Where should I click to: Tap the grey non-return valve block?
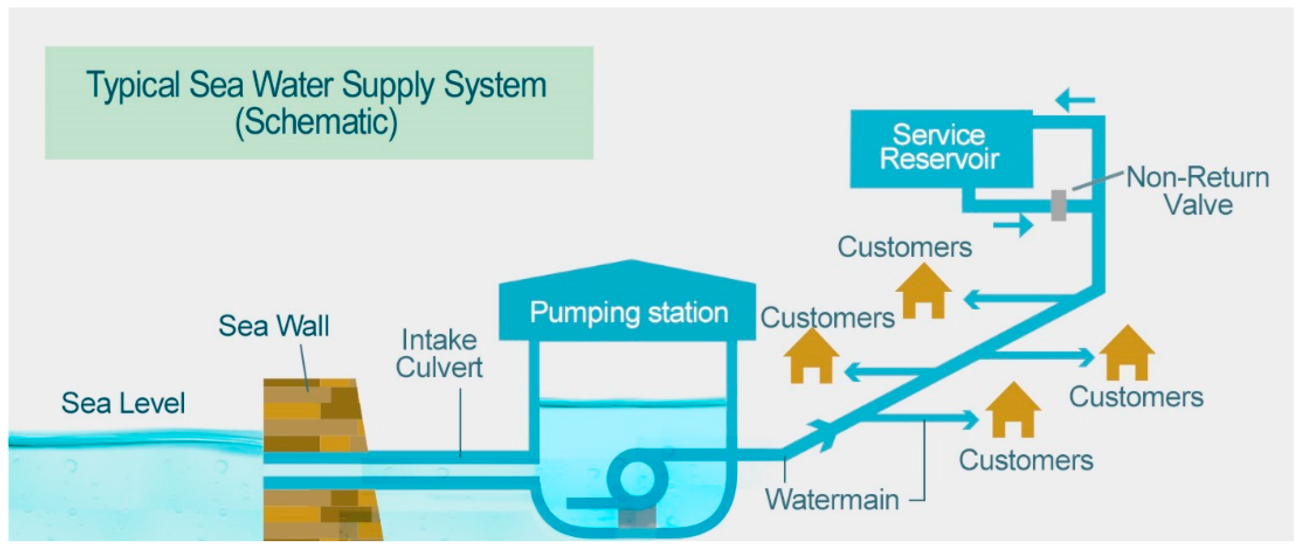[1058, 205]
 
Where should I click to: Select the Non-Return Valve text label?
[1197, 191]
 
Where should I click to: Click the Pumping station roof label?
[629, 312]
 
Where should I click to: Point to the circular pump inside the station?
[637, 476]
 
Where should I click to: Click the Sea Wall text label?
[274, 326]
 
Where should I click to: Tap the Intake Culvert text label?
[439, 354]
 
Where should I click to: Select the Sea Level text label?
[123, 403]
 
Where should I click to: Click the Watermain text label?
[832, 499]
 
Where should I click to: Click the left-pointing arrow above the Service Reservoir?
[1075, 100]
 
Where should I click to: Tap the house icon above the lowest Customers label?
[1013, 411]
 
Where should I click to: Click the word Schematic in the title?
[317, 122]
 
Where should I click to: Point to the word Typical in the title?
[132, 85]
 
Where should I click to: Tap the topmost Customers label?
[905, 248]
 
